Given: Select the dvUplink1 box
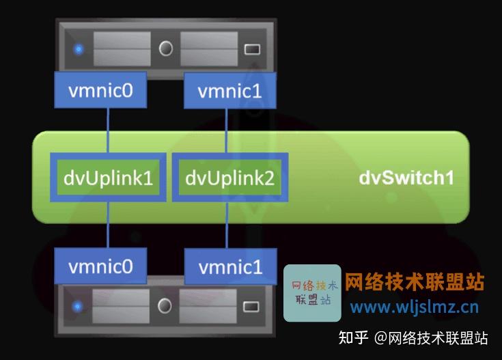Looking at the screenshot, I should pyautogui.click(x=108, y=178).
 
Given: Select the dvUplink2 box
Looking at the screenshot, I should pyautogui.click(x=229, y=178).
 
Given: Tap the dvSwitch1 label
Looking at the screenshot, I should pyautogui.click(x=406, y=178).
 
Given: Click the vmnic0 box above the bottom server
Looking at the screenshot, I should pyautogui.click(x=100, y=266).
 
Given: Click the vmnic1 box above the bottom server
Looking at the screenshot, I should pyautogui.click(x=230, y=266).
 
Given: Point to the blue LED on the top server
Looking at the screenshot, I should pyautogui.click(x=79, y=49).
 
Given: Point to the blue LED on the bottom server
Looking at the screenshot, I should pyautogui.click(x=79, y=305).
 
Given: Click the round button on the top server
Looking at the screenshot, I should pyautogui.click(x=165, y=49).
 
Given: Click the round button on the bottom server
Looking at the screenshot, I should pyautogui.click(x=165, y=305).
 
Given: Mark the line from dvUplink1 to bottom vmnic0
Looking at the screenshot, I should pyautogui.click(x=107, y=226).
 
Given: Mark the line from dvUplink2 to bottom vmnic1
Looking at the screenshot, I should pyautogui.click(x=226, y=226).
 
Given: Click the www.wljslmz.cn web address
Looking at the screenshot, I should pyautogui.click(x=415, y=307).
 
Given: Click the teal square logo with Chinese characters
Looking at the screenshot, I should pyautogui.click(x=312, y=292).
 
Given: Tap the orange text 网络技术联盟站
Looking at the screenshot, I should pyautogui.click(x=415, y=281).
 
